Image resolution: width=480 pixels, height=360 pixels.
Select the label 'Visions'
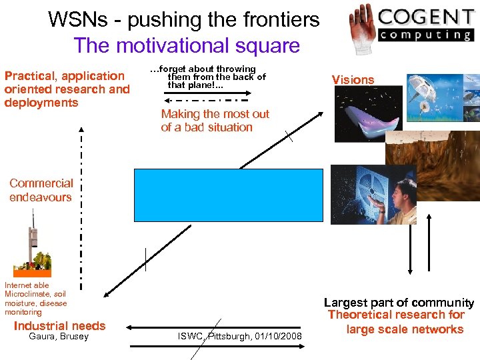point(353,80)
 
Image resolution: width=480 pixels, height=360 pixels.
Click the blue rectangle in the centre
point(228,195)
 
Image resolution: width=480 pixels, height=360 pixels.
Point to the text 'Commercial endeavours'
point(41,190)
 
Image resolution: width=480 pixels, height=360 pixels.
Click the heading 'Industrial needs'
point(59,326)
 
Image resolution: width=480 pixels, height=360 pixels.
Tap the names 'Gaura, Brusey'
point(59,337)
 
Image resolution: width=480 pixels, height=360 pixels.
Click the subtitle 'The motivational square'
point(187,46)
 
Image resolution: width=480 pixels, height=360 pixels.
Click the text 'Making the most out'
point(215,114)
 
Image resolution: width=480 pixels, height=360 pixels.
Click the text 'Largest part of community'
point(399,303)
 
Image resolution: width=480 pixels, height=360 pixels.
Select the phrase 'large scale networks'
point(405,329)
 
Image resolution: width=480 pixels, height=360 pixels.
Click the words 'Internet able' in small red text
point(27,285)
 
